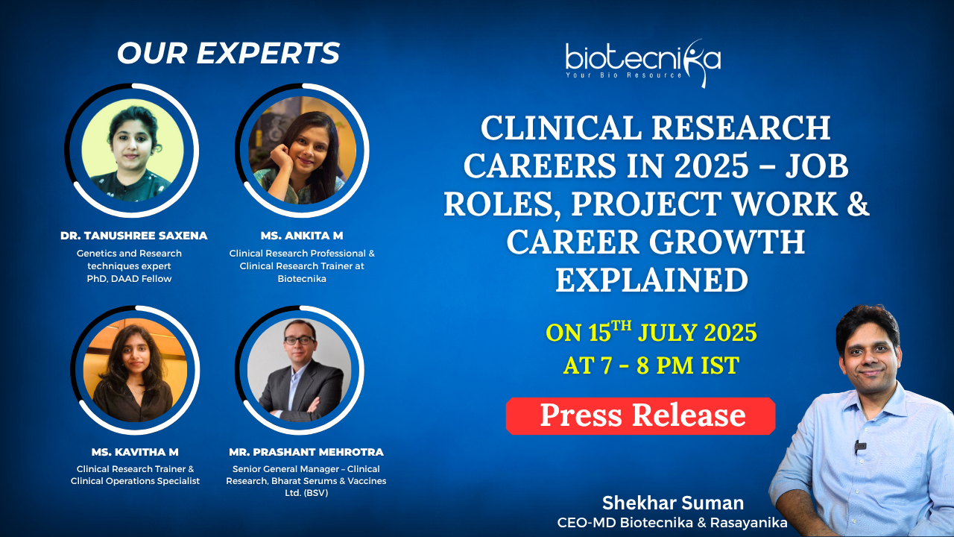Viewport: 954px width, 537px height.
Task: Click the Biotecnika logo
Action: tap(643, 63)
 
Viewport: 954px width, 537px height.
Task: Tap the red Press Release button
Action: tap(640, 416)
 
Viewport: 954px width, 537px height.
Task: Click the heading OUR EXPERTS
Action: tap(229, 53)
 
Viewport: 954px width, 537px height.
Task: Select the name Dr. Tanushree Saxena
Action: tap(133, 236)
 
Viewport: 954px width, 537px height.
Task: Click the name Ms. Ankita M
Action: tap(302, 236)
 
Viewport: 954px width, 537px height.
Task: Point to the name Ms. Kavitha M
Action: tap(135, 452)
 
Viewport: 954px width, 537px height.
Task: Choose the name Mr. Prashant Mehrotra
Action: tap(306, 452)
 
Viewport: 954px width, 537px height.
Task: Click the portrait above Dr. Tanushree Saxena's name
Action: tap(133, 150)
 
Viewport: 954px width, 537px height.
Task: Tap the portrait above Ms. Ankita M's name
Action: tap(302, 150)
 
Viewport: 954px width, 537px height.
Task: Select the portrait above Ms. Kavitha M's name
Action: tap(135, 370)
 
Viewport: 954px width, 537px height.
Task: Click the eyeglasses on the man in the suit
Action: tap(300, 340)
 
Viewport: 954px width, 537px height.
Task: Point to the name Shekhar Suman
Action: tap(673, 503)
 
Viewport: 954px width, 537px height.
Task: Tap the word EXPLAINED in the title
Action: tap(651, 280)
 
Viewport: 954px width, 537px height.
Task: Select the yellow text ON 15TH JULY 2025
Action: tap(651, 332)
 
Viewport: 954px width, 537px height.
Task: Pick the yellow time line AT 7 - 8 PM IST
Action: tap(651, 365)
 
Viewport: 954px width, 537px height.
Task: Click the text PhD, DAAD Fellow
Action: tap(129, 279)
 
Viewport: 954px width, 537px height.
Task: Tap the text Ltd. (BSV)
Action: tap(306, 493)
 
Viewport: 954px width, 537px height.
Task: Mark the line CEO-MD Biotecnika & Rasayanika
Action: tap(672, 523)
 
